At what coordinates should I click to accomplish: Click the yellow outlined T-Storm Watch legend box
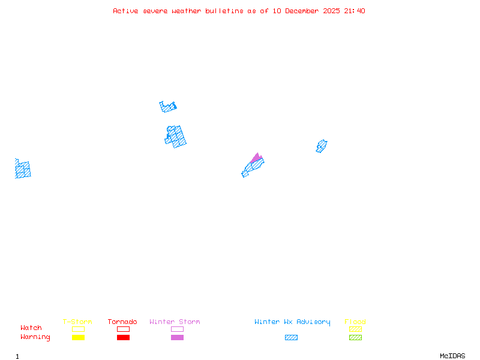pyautogui.click(x=78, y=329)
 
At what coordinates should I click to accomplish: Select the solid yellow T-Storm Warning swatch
pyautogui.click(x=78, y=337)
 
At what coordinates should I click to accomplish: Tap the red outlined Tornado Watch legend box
pyautogui.click(x=123, y=329)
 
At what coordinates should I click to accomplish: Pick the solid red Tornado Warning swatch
pyautogui.click(x=123, y=337)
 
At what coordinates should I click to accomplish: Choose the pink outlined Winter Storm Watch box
pyautogui.click(x=177, y=329)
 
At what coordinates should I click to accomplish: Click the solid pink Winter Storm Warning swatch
pyautogui.click(x=177, y=337)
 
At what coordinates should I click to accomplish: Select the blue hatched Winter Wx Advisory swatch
pyautogui.click(x=291, y=337)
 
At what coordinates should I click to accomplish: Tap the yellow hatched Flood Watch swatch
pyautogui.click(x=355, y=329)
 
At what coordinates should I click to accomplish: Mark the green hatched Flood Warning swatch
pyautogui.click(x=355, y=337)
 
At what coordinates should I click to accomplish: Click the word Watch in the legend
pyautogui.click(x=31, y=328)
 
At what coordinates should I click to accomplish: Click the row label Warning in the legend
pyautogui.click(x=35, y=337)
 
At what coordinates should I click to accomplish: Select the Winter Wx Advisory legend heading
pyautogui.click(x=292, y=322)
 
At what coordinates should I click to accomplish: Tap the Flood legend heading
pyautogui.click(x=355, y=322)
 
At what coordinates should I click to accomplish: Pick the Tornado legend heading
pyautogui.click(x=122, y=322)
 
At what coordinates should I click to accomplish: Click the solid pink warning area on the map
pyautogui.click(x=257, y=158)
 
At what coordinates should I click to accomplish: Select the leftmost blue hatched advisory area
pyautogui.click(x=23, y=169)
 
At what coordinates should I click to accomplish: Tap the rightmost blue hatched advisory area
pyautogui.click(x=322, y=146)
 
